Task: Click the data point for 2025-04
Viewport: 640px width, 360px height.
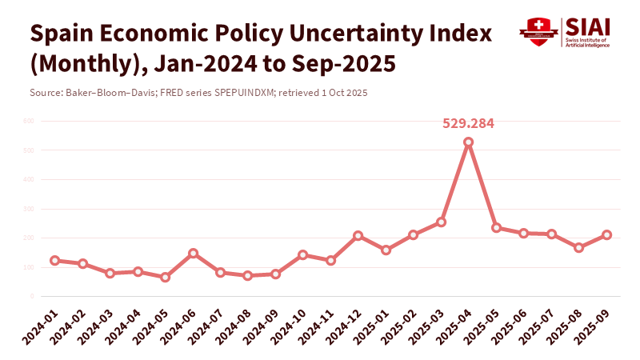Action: point(469,142)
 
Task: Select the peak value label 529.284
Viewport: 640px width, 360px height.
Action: point(469,124)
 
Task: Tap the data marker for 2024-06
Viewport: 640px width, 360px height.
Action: point(193,254)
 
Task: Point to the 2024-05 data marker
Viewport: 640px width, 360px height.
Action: point(166,278)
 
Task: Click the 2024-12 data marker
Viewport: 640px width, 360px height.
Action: point(358,236)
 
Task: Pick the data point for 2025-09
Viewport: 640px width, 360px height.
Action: point(606,235)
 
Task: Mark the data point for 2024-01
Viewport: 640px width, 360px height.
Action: point(54,261)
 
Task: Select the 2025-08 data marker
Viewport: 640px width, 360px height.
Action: point(579,248)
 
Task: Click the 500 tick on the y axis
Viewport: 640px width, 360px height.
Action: point(28,150)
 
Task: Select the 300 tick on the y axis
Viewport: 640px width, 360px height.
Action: point(28,209)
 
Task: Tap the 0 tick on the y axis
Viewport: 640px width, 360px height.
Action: point(31,297)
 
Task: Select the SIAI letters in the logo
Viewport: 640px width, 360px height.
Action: point(588,26)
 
